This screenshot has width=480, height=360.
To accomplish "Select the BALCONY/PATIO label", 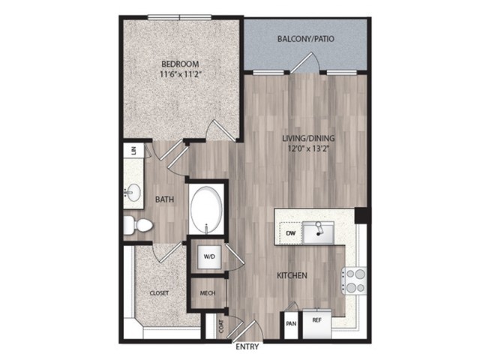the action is point(305,39).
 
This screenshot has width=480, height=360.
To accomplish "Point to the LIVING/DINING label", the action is point(308,138).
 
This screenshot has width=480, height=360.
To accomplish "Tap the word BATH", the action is point(165,199).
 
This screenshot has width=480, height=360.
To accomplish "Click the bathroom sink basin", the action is point(133,192).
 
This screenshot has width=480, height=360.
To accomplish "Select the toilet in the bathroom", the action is point(138,225).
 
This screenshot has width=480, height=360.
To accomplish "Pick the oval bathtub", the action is point(206,210).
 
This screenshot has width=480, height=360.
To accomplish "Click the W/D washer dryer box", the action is point(209,256).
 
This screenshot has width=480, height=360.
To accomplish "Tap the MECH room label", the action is point(208,293).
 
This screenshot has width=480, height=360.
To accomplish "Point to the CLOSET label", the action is point(159,293).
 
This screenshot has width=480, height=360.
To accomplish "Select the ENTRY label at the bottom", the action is point(247,346).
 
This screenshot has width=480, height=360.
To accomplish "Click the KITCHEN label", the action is point(292,275).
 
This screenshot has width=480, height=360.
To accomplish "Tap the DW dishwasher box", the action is point(290,233).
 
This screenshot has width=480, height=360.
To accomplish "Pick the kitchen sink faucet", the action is point(319,228).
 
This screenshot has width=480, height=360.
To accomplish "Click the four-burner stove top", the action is point(354,280).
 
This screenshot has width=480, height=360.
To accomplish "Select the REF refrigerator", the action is point(316,325).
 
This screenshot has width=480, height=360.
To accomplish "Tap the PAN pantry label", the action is point(291,323).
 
